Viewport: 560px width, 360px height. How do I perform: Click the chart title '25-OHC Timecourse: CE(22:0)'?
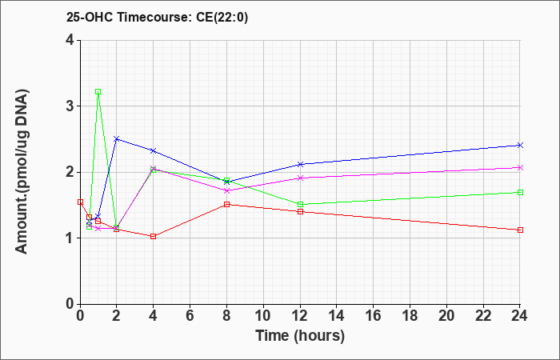pyautogui.click(x=157, y=17)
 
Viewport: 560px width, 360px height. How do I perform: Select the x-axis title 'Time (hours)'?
pyautogui.click(x=300, y=336)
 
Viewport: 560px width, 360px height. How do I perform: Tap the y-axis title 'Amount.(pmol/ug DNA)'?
pyautogui.click(x=22, y=172)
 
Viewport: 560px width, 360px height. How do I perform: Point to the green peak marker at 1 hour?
pyautogui.click(x=98, y=92)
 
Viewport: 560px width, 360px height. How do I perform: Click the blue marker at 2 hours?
pyautogui.click(x=116, y=139)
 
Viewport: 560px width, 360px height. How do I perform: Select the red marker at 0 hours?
pyautogui.click(x=80, y=202)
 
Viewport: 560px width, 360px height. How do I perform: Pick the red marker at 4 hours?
pyautogui.click(x=154, y=237)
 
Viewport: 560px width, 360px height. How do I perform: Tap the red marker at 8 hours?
pyautogui.click(x=226, y=204)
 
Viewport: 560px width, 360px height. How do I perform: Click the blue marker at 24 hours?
pyautogui.click(x=520, y=145)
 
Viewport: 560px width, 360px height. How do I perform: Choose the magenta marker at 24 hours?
pyautogui.click(x=520, y=167)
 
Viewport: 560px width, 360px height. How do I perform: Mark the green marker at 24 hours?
pyautogui.click(x=520, y=193)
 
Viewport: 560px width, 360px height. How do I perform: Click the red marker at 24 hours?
pyautogui.click(x=520, y=230)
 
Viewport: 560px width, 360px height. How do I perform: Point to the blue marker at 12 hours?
pyautogui.click(x=300, y=164)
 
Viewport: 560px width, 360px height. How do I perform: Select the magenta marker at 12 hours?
pyautogui.click(x=300, y=178)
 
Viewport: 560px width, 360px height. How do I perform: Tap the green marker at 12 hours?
pyautogui.click(x=300, y=204)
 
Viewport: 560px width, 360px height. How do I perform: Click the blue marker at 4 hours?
pyautogui.click(x=154, y=150)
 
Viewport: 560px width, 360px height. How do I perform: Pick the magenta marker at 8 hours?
pyautogui.click(x=226, y=190)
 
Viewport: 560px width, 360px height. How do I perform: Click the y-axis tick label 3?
pyautogui.click(x=70, y=106)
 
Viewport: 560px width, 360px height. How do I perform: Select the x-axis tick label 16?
pyautogui.click(x=374, y=316)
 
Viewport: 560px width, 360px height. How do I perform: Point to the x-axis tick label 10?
pyautogui.click(x=263, y=316)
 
